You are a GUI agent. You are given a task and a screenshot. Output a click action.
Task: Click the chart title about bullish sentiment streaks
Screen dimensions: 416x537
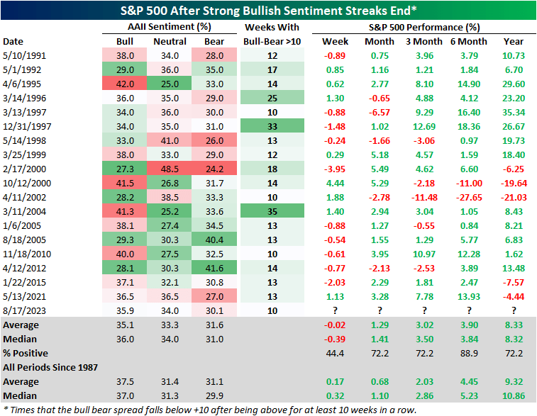268,9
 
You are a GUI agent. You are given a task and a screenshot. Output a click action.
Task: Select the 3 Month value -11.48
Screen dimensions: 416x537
423,196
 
